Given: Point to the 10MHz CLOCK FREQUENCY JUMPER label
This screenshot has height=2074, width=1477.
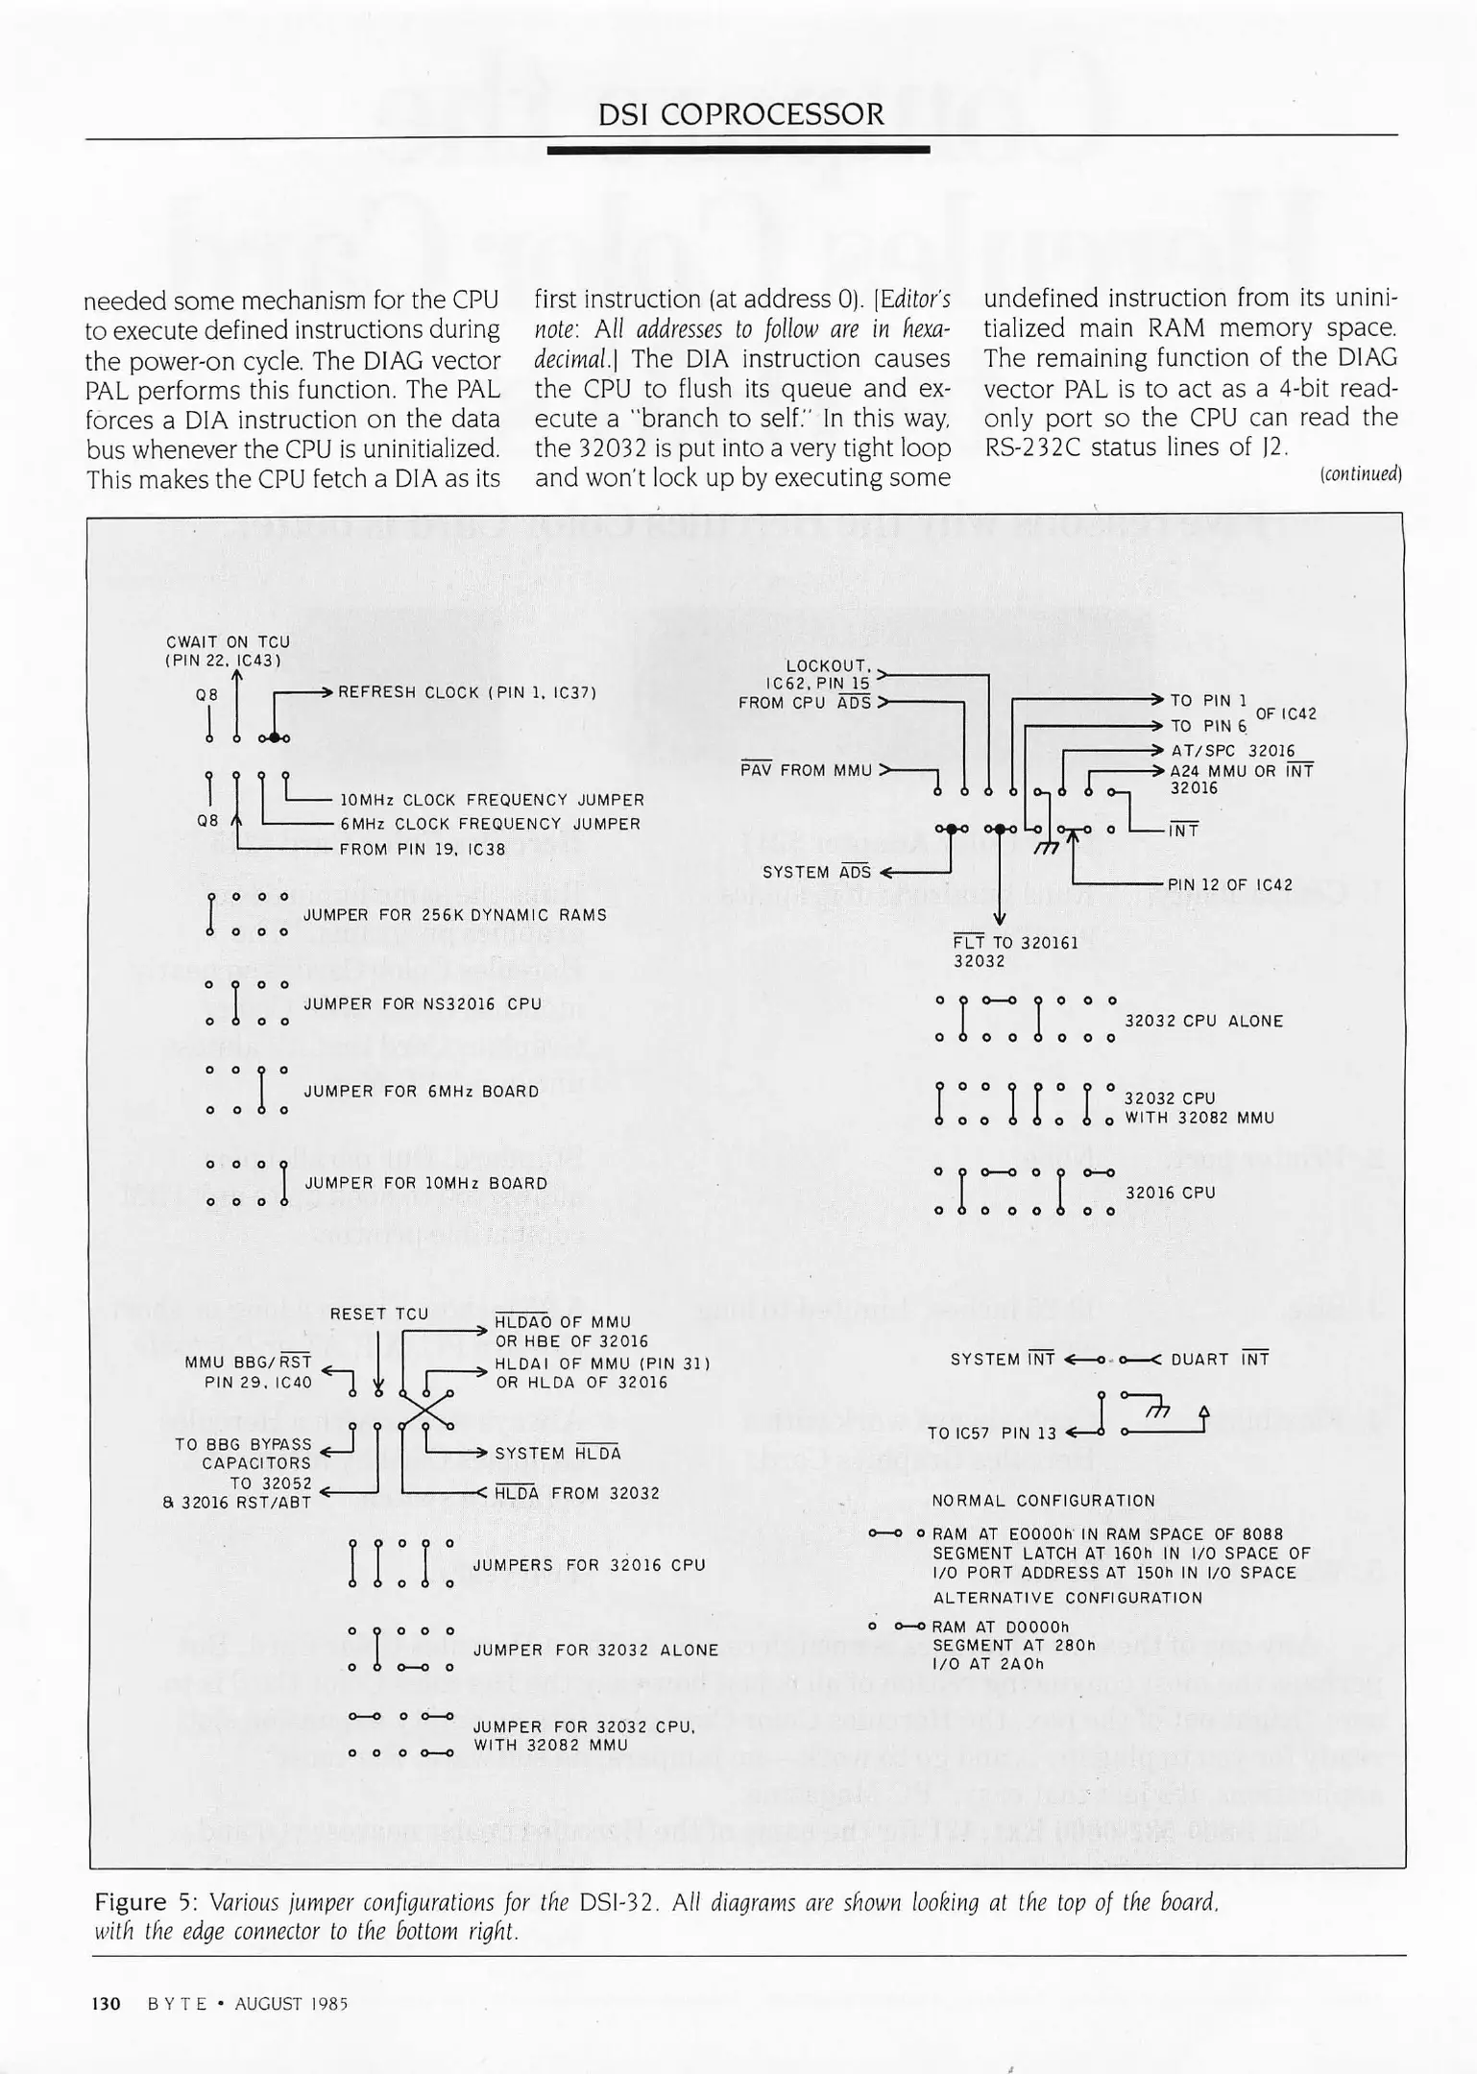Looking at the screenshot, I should [x=492, y=800].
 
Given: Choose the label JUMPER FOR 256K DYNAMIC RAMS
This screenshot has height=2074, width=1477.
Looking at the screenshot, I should [x=455, y=915].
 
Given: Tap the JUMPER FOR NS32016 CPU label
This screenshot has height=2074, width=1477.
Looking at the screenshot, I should [x=423, y=1004].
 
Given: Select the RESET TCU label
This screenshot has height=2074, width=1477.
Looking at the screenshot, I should [x=379, y=1314].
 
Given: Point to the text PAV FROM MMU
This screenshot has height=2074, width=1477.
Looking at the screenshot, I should [x=806, y=770].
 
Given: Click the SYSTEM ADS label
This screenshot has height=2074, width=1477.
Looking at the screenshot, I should [x=816, y=872].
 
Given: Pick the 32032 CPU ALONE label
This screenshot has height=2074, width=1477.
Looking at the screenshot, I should [x=1203, y=1021].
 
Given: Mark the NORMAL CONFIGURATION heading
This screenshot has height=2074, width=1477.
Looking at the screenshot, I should [x=1044, y=1501].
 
